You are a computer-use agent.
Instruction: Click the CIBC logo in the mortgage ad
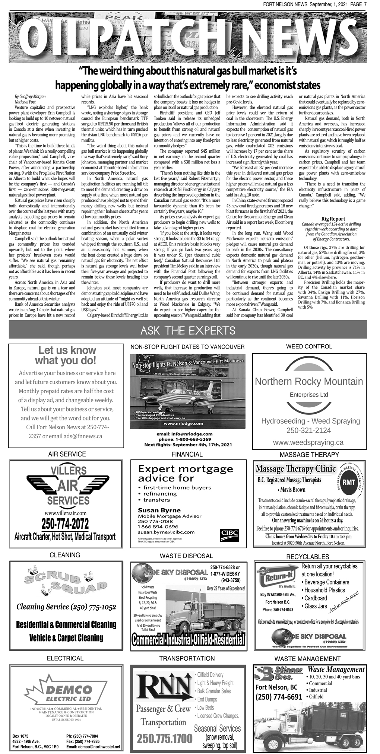tap(229, 533)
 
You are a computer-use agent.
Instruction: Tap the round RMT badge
tap(349, 483)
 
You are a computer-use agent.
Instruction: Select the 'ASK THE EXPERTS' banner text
tap(188, 330)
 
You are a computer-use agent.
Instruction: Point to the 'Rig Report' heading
tap(333, 219)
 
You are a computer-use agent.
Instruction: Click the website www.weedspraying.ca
tap(308, 442)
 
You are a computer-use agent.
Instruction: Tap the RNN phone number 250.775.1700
tap(165, 739)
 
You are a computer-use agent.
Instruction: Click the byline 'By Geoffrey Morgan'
tap(30, 96)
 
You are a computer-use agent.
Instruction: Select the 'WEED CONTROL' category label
tap(308, 346)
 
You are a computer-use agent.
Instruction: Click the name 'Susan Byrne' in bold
tap(159, 510)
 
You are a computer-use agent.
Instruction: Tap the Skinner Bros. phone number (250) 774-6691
tap(279, 697)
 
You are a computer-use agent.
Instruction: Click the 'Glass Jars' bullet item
tap(316, 606)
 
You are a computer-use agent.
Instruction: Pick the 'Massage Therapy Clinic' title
tap(295, 469)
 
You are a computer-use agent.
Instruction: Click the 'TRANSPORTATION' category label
tap(187, 658)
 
